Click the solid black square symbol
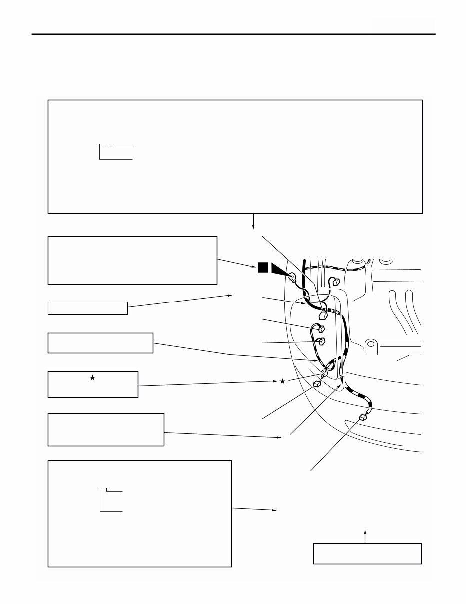click(x=263, y=268)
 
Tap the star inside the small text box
click(x=92, y=378)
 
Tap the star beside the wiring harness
click(x=282, y=382)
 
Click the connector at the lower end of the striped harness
click(x=363, y=417)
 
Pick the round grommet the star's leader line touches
click(x=324, y=372)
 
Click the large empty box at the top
click(x=235, y=156)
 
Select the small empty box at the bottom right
click(x=367, y=553)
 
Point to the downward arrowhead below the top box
click(x=254, y=227)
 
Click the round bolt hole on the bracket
click(x=370, y=344)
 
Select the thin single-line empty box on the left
click(x=88, y=308)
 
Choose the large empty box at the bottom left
click(x=139, y=513)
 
